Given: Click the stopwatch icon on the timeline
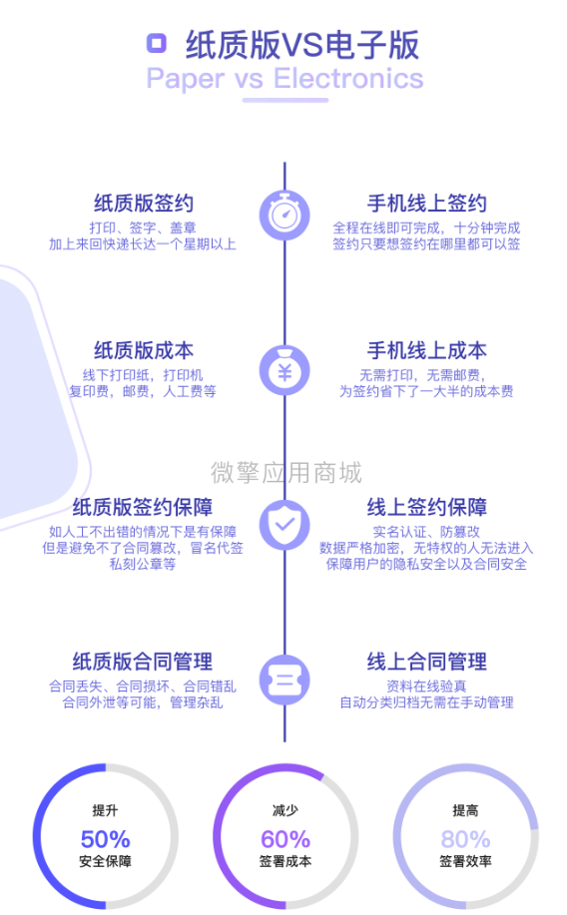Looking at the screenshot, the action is (284, 215).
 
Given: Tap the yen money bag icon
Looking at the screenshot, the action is (284, 370).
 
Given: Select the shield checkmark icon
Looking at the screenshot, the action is (284, 525).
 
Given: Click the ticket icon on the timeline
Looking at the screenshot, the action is (284, 680).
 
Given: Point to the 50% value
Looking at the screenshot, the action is (105, 839).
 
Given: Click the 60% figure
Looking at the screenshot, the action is (284, 839).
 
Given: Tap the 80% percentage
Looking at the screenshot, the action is (465, 839).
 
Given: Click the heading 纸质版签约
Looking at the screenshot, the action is (144, 204).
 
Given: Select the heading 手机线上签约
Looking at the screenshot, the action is (427, 204).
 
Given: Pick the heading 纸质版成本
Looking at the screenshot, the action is (144, 350).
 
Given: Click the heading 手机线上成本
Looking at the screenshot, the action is (427, 350).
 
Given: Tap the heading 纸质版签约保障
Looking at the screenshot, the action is (143, 507).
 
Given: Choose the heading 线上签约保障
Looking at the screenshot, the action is (427, 507).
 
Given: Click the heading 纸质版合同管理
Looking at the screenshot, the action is (143, 662).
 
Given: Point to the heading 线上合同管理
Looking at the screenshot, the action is (427, 662).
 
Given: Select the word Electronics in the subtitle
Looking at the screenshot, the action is (348, 78).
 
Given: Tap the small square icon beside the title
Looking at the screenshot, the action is (157, 43).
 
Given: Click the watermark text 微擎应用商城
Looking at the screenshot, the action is (286, 472).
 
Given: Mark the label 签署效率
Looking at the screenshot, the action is (465, 861).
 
